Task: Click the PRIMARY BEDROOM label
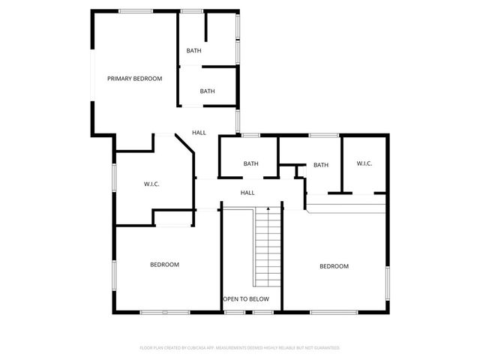click(x=134, y=79)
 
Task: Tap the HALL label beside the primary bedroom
click(x=199, y=133)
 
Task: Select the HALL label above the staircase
click(x=247, y=193)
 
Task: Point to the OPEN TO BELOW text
click(x=246, y=298)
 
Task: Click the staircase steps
click(x=268, y=247)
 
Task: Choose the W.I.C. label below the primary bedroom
click(x=151, y=184)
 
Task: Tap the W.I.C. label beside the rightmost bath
click(x=364, y=164)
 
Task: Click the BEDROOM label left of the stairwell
click(x=164, y=264)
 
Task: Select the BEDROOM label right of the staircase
click(x=334, y=266)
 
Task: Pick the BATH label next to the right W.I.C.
click(x=321, y=165)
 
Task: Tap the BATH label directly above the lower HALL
click(x=250, y=163)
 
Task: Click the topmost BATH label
click(x=193, y=51)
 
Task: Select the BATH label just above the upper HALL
click(x=208, y=91)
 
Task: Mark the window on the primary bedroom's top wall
click(x=132, y=10)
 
